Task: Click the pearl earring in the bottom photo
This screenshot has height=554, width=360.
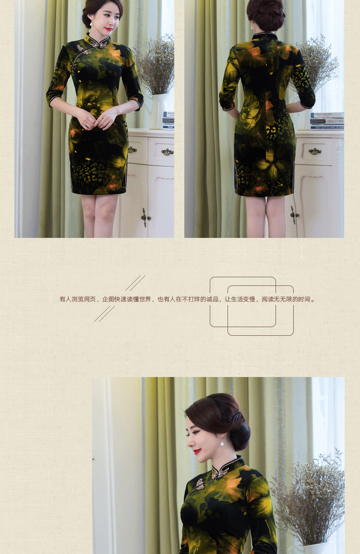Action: [222, 442]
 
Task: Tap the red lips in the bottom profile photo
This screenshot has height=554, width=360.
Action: [197, 451]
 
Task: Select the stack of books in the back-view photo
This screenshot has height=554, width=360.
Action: [327, 121]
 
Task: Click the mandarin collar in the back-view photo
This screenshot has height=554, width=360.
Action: [265, 36]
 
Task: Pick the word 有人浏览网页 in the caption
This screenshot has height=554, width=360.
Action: [77, 299]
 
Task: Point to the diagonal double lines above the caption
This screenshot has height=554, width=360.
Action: [135, 283]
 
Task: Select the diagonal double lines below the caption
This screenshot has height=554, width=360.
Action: [104, 314]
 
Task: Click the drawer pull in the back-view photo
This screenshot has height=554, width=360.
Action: [315, 152]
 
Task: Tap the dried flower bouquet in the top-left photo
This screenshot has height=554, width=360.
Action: [155, 65]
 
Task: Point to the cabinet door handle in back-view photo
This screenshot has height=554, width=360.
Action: [294, 214]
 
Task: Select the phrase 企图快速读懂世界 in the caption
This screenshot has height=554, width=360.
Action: [127, 299]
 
